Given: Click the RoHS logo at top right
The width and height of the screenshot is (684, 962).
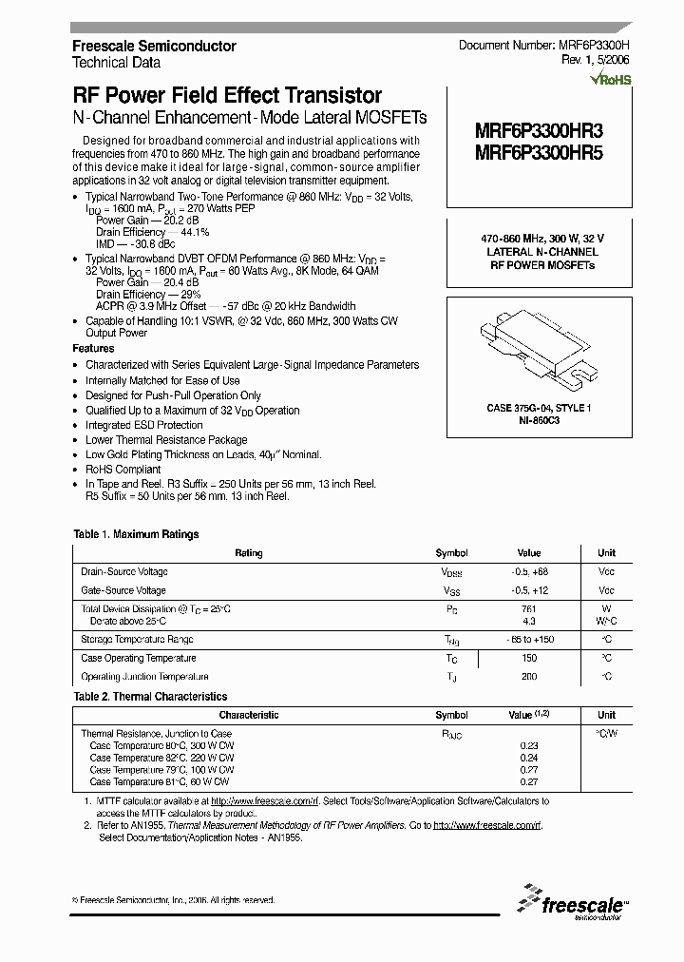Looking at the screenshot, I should [x=610, y=80].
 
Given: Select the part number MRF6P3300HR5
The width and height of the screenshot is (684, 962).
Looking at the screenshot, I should [x=538, y=152].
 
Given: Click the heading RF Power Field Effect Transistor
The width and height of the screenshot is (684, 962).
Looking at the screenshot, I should [x=228, y=95].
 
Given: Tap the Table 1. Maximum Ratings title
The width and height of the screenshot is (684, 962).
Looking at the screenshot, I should [x=136, y=534].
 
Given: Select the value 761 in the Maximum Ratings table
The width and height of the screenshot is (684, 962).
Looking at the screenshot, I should [x=529, y=609].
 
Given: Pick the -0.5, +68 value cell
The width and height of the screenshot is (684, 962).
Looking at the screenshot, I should [x=529, y=572].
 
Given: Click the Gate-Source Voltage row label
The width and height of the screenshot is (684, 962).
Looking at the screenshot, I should [x=123, y=590].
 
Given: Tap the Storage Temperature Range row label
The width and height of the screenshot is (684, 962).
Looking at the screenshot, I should [x=137, y=640].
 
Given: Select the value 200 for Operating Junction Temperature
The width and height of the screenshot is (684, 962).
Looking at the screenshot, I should [x=529, y=677].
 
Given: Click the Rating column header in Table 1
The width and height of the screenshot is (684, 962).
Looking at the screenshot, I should [x=249, y=553].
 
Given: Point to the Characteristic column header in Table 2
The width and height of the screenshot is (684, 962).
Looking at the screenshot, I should [x=249, y=715].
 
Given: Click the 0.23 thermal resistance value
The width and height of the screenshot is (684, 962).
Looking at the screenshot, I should [x=529, y=746].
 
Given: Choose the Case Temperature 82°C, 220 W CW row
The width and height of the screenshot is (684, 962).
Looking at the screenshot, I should [x=161, y=758].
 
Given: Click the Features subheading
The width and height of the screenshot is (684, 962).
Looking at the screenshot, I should [x=93, y=349].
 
